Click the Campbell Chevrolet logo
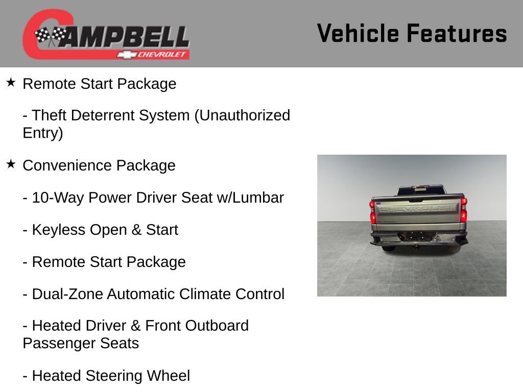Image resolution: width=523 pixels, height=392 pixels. (x=106, y=34)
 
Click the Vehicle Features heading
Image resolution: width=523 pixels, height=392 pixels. (x=412, y=33)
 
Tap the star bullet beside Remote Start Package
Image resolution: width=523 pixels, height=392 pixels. (x=11, y=82)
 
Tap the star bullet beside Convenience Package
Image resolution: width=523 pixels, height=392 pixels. (x=11, y=164)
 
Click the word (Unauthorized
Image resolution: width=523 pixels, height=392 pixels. (x=242, y=115)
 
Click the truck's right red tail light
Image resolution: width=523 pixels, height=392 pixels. (x=463, y=210)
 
